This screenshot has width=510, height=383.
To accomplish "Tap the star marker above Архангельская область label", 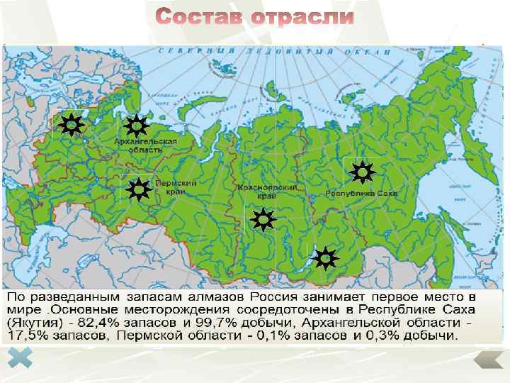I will click(x=135, y=126).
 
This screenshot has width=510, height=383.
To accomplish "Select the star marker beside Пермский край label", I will click(x=138, y=189).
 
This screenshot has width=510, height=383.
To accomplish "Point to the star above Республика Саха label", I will click(x=362, y=172).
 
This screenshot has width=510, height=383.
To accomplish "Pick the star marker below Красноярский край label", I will click(x=262, y=221).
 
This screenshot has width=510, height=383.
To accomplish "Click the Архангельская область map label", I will click(x=145, y=146).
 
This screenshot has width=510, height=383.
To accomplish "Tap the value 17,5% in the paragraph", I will click(x=27, y=335).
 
